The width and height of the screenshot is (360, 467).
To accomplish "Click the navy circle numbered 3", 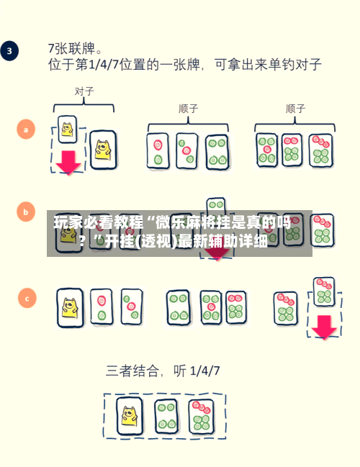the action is pyautogui.click(x=9, y=50).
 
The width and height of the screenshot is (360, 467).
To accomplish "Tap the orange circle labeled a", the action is pyautogui.click(x=26, y=130).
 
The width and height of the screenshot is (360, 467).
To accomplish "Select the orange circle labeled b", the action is pyautogui.click(x=26, y=212).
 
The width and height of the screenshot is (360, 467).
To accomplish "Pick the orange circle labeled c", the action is pyautogui.click(x=27, y=298).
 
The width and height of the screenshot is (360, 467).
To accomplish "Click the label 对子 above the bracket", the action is pyautogui.click(x=84, y=91).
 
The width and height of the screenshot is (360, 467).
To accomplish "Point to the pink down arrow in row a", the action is pyautogui.click(x=68, y=163).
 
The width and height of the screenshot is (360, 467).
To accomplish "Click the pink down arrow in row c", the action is pyautogui.click(x=324, y=327).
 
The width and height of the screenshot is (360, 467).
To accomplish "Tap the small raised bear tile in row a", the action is pyautogui.click(x=68, y=130).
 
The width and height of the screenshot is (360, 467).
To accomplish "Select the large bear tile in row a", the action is pyautogui.click(x=103, y=150).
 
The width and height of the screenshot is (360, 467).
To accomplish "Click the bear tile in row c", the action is pyautogui.click(x=71, y=308).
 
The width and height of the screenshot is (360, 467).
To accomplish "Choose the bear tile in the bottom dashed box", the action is pyautogui.click(x=130, y=416).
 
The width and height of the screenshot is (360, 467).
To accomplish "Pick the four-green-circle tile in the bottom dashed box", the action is pyautogui.click(x=167, y=416).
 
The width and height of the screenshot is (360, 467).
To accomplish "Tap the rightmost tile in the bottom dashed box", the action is pyautogui.click(x=202, y=417).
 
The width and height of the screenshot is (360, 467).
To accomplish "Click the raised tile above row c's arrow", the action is pyautogui.click(x=324, y=291).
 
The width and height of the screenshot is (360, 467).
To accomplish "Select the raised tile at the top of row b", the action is pyautogui.click(x=216, y=205).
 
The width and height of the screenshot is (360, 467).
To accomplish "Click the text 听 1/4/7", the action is pyautogui.click(x=197, y=371).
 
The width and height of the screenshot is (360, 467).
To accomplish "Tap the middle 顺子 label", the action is pyautogui.click(x=189, y=109).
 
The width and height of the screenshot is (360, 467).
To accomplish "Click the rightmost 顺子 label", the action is pyautogui.click(x=295, y=109).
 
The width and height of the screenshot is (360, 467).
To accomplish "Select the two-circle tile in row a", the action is pyautogui.click(x=158, y=151).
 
